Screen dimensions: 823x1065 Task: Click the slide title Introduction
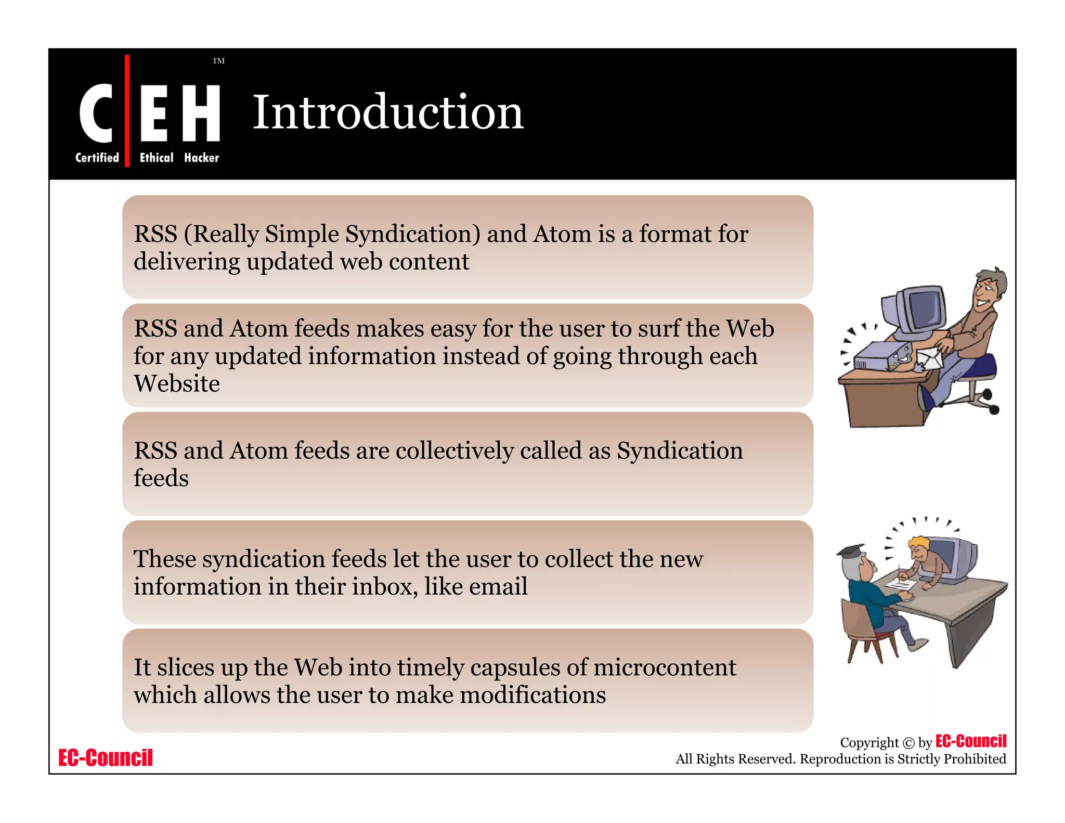click(x=387, y=112)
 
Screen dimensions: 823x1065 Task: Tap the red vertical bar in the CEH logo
click(x=127, y=110)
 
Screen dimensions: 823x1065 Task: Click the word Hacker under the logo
click(x=202, y=158)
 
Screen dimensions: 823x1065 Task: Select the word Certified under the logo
click(x=97, y=158)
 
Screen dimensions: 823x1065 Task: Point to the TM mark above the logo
click(x=218, y=61)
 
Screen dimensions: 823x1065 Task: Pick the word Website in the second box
click(x=177, y=384)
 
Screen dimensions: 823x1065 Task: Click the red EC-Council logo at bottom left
click(x=106, y=758)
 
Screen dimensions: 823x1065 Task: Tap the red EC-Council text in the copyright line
click(x=970, y=741)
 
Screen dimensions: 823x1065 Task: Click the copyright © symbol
click(x=908, y=743)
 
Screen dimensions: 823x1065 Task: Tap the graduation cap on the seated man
click(x=851, y=551)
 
